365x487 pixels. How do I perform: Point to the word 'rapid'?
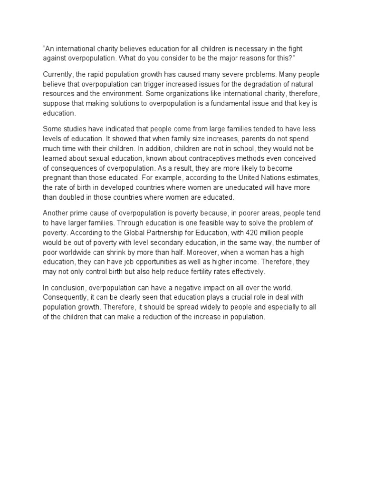(99, 75)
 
